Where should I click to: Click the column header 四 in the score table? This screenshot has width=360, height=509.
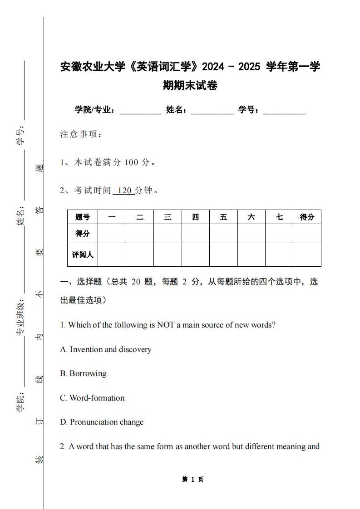(195, 217)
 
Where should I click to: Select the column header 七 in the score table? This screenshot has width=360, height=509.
(279, 217)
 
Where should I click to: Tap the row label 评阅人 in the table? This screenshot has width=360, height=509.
(83, 254)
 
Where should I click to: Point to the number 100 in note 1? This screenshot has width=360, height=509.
(131, 162)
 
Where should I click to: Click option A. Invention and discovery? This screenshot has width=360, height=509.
(106, 349)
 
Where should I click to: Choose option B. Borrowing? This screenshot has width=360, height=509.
(83, 373)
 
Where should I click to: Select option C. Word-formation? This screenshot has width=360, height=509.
(92, 398)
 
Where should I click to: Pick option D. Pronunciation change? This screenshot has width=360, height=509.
(102, 422)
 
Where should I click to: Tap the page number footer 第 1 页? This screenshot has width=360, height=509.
(192, 479)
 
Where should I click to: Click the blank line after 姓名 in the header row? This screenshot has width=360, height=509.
(212, 110)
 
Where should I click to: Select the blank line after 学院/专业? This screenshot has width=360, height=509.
(140, 110)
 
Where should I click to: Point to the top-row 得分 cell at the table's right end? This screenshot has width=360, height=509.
(307, 217)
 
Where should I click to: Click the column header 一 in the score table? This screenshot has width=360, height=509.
(112, 217)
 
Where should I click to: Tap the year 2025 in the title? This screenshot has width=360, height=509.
(249, 67)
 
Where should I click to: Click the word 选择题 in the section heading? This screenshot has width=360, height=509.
(89, 282)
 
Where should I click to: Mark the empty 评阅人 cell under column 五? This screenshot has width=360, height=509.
(223, 254)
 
